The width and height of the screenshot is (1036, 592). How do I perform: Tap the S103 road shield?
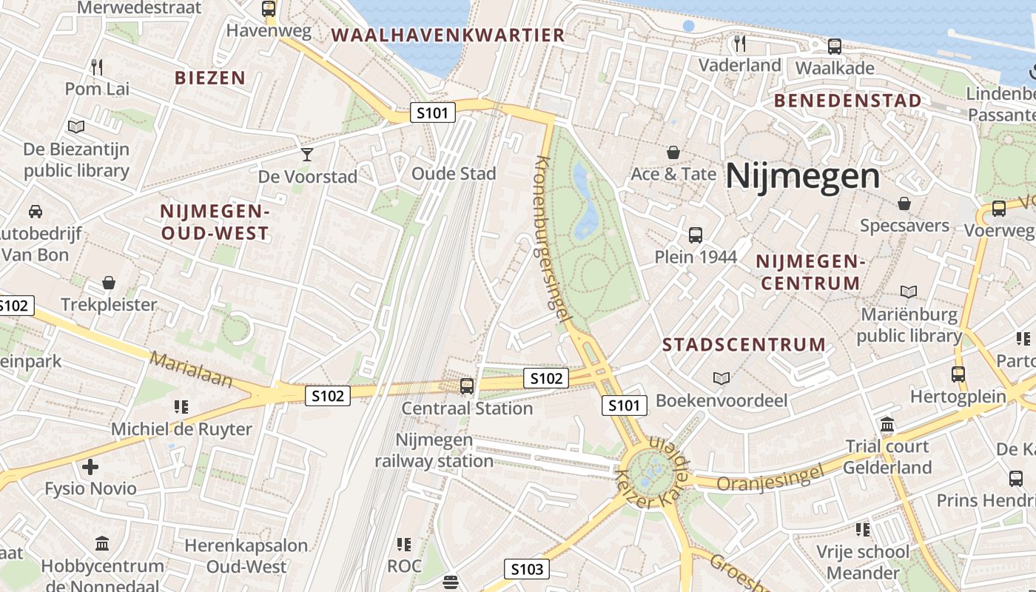coord(527,569)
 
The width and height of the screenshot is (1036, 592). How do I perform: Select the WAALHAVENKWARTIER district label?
coord(448,35)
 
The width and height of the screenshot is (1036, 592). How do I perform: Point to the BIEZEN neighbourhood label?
coord(210,78)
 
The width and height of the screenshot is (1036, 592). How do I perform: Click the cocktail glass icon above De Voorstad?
coord(307,154)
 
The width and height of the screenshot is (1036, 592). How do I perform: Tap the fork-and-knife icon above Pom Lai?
coord(96,67)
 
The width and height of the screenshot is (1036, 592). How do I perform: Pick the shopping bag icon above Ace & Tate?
coord(673,152)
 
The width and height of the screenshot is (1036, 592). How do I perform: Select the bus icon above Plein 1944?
coord(696,235)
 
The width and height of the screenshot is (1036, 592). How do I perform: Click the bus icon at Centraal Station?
coord(467,386)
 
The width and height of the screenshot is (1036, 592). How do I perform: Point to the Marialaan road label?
coord(191,370)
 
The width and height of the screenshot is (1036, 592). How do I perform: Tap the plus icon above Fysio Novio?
coord(90,467)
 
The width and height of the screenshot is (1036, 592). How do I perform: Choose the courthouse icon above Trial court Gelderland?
coord(887,425)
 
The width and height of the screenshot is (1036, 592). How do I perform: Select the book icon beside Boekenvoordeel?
coord(721,379)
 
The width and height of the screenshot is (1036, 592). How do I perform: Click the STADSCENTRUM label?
coord(744,345)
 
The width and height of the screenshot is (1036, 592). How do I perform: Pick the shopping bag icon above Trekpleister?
coord(109,283)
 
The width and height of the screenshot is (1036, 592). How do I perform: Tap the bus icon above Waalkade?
coord(835,46)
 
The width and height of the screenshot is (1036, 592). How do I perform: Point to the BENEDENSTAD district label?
coord(848,101)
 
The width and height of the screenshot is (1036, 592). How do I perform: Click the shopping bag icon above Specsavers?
coord(904,203)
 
